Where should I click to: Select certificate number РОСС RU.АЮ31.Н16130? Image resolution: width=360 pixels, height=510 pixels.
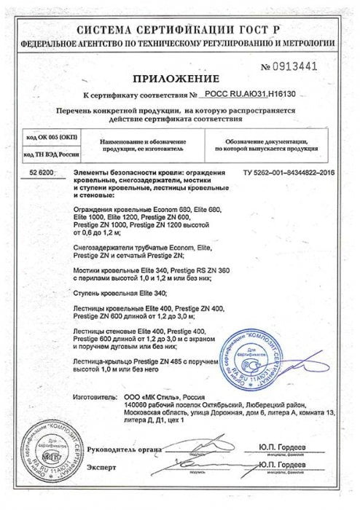258,95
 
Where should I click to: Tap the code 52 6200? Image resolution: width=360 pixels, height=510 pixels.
42,169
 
